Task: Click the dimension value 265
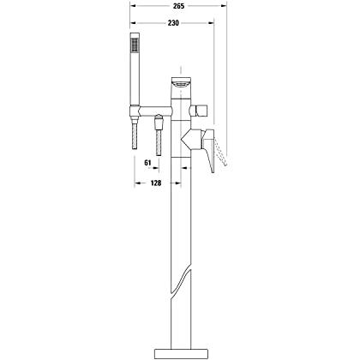pos(178,6)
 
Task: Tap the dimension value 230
pos(173,23)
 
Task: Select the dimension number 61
pos(147,163)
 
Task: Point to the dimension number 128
pos(156,183)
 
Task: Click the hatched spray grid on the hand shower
pos(134,46)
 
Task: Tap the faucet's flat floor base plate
pos(181,353)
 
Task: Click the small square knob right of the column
pos(200,111)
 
